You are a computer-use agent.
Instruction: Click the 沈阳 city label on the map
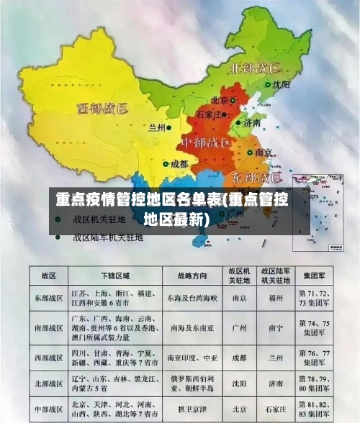[x=282, y=84]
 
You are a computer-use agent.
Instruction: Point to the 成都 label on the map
[x=179, y=164]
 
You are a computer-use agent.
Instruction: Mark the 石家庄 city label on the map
[x=214, y=114]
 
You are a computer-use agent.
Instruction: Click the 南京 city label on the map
[x=264, y=153]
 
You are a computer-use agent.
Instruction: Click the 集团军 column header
[x=316, y=276]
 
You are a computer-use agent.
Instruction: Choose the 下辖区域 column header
[x=115, y=276]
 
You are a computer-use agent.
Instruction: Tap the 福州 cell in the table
[x=274, y=297]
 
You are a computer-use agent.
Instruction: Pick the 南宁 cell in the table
[x=274, y=327]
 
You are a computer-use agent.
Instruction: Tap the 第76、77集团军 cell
[x=316, y=357]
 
